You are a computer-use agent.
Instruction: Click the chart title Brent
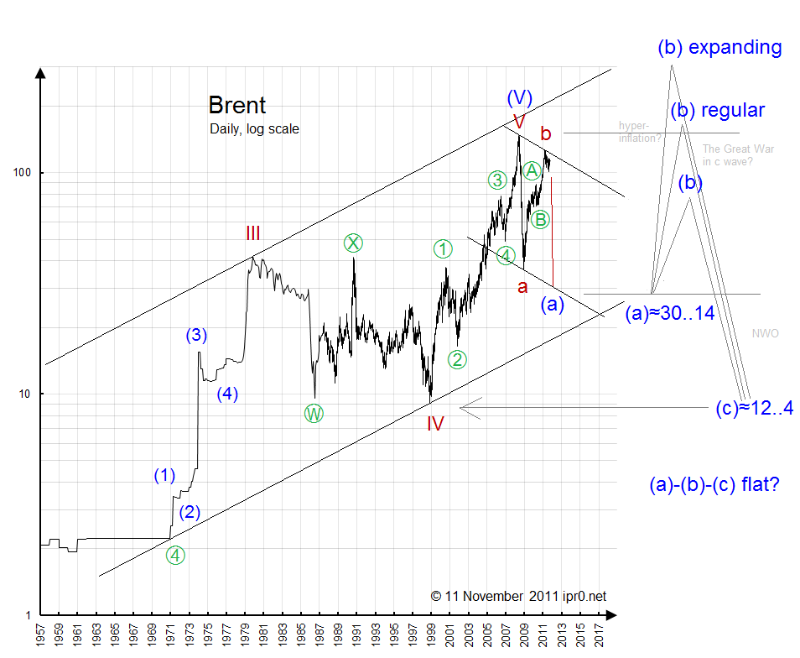pos(236,106)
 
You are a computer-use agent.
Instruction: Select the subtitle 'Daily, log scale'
pos(254,129)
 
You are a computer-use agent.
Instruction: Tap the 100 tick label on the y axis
pos(23,172)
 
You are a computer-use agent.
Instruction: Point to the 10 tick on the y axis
pos(26,394)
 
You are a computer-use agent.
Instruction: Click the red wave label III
pos(253,232)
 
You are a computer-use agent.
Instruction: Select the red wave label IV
pos(434,423)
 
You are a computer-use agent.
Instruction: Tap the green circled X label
pos(354,243)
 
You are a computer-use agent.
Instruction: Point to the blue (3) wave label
pos(196,336)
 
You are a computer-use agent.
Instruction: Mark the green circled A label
pos(531,170)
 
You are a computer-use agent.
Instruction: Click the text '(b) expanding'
pos(719,47)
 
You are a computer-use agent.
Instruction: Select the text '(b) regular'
pos(718,110)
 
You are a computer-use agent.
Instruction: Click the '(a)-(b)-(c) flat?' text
pos(714,484)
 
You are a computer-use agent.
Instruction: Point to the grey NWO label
pos(766,334)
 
